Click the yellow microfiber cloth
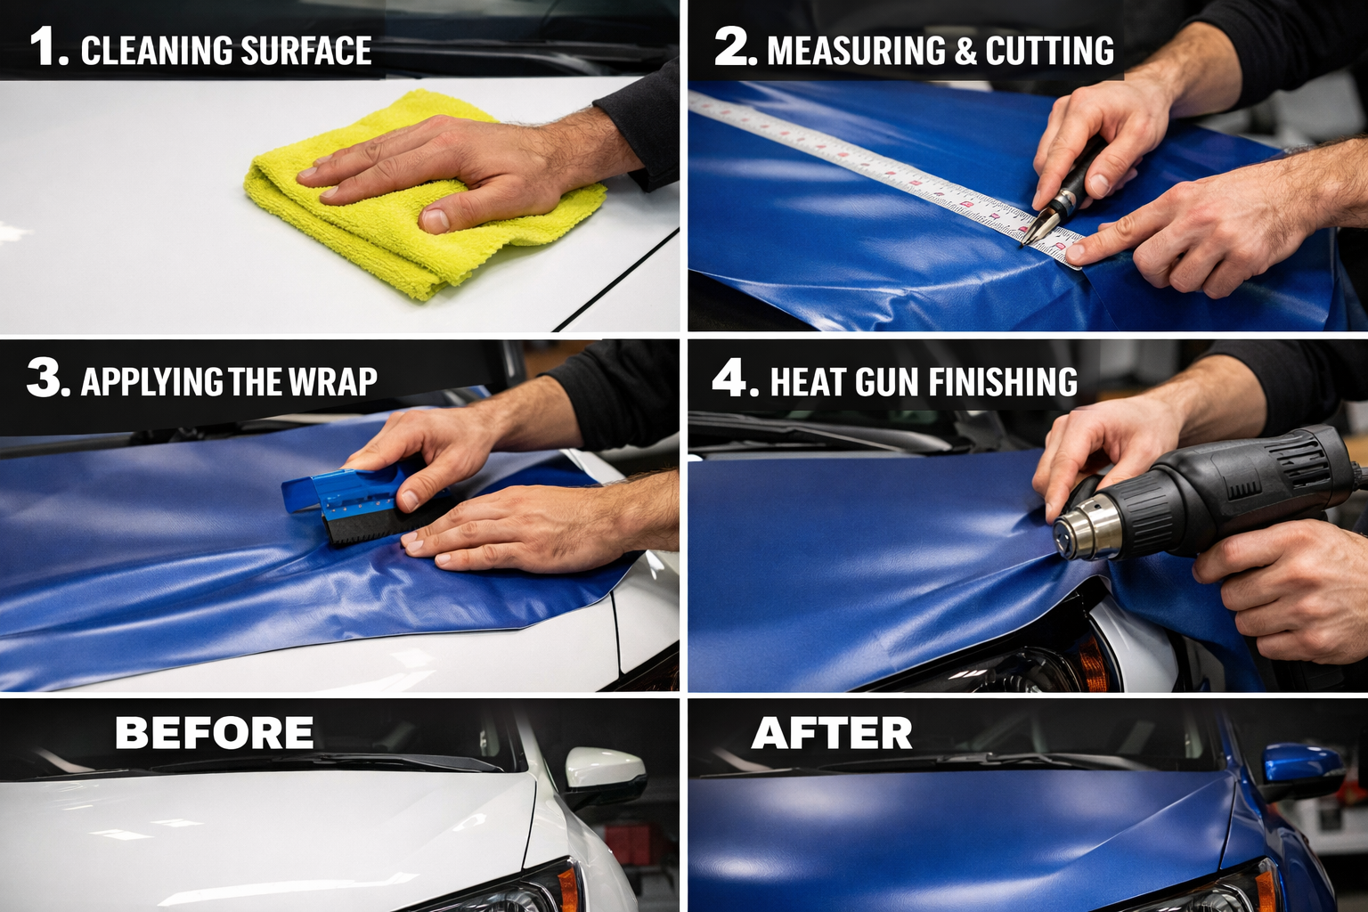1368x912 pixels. [x=374, y=240]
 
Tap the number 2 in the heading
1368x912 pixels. [x=734, y=47]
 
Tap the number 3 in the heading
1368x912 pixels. [x=46, y=379]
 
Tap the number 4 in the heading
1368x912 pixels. [x=731, y=379]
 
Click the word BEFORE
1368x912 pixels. [x=214, y=734]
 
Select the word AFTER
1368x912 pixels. [x=832, y=734]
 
